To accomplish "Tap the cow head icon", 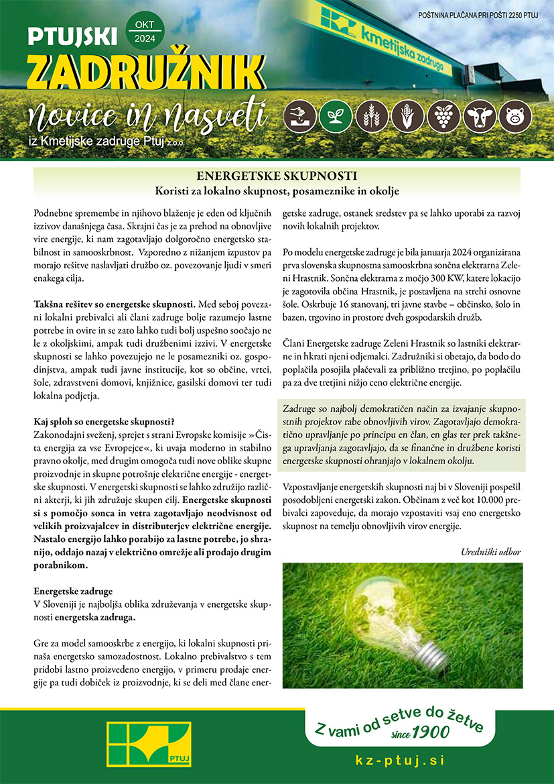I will (479, 117).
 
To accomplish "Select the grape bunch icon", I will (442, 117).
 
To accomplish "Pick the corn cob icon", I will (405, 117).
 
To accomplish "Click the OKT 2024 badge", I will (143, 32).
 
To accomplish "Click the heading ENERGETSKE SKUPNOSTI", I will (276, 176).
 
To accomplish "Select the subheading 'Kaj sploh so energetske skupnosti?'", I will (104, 422).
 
